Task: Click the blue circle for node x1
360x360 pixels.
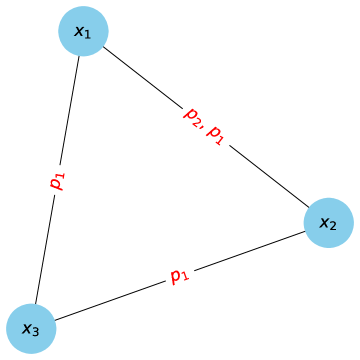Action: [x=83, y=33]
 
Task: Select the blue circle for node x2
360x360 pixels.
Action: [x=328, y=222]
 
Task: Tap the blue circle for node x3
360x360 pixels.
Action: [x=31, y=328]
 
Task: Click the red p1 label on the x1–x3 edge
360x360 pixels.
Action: [x=57, y=181]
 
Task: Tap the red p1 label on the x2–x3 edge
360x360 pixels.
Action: [x=180, y=275]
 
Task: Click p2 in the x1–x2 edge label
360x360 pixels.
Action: [x=192, y=116]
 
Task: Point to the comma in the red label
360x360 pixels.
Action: [x=203, y=128]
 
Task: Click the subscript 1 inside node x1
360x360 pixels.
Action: [x=88, y=36]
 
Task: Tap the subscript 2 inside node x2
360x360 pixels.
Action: [x=333, y=225]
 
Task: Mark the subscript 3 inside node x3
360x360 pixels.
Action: [x=36, y=331]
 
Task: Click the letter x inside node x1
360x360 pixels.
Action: [x=79, y=33]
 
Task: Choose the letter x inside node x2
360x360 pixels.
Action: [x=324, y=222]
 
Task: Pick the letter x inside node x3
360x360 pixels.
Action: [x=27, y=328]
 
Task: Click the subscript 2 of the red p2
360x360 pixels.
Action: [x=196, y=120]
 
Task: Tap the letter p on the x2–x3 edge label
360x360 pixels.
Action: [x=176, y=275]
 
